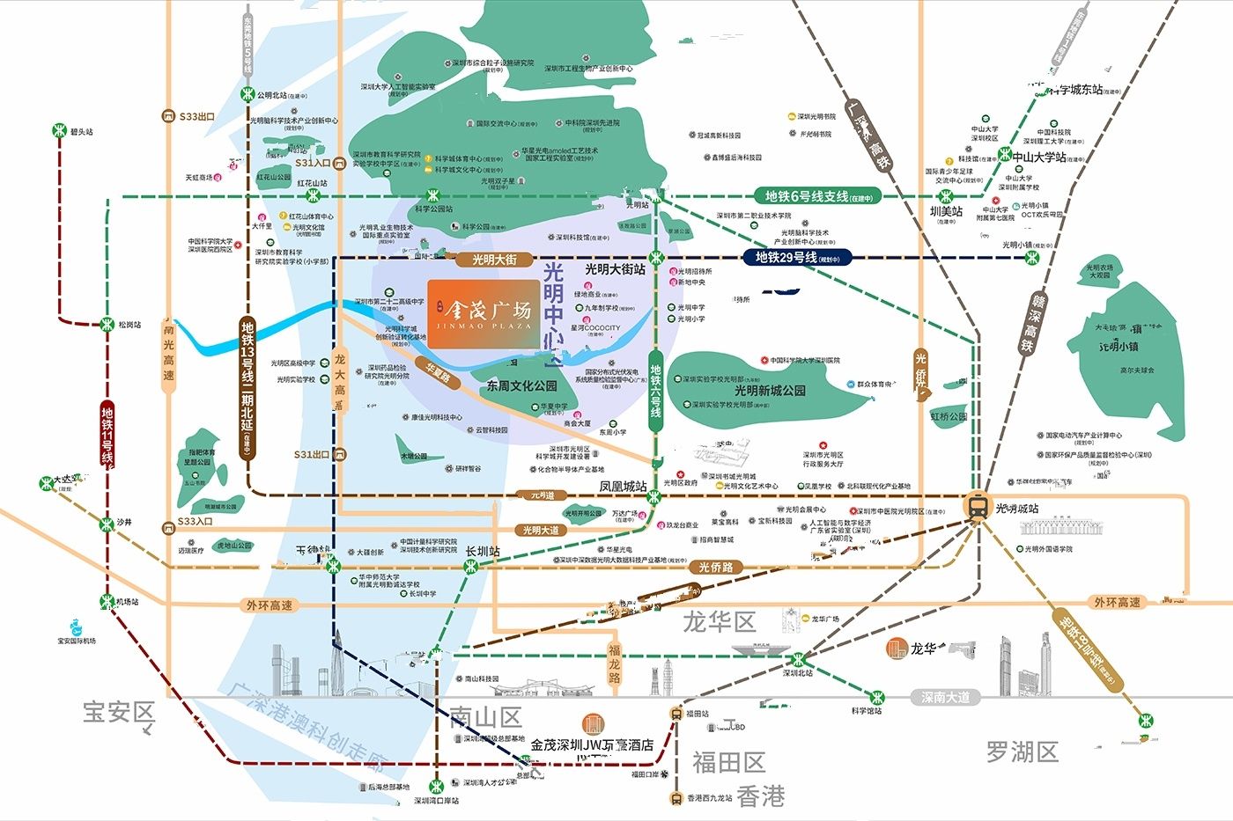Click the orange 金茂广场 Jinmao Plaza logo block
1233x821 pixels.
pos(483,312)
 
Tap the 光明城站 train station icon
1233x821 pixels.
pos(977,506)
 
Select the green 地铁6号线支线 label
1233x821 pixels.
pos(818,197)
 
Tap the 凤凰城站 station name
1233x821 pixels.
pos(623,486)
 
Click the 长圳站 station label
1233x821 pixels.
pos(483,551)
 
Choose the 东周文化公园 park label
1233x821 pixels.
pos(521,385)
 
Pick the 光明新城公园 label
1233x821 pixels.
pos(770,390)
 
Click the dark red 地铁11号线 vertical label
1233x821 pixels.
pos(107,435)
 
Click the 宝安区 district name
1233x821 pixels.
pos(118,712)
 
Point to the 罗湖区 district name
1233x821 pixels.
pos(1022,751)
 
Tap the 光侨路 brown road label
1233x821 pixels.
pos(715,568)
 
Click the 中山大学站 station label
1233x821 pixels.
pos(1038,158)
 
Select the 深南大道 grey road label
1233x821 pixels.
pos(945,697)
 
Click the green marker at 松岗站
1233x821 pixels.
pos(107,325)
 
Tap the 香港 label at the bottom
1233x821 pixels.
pos(760,796)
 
